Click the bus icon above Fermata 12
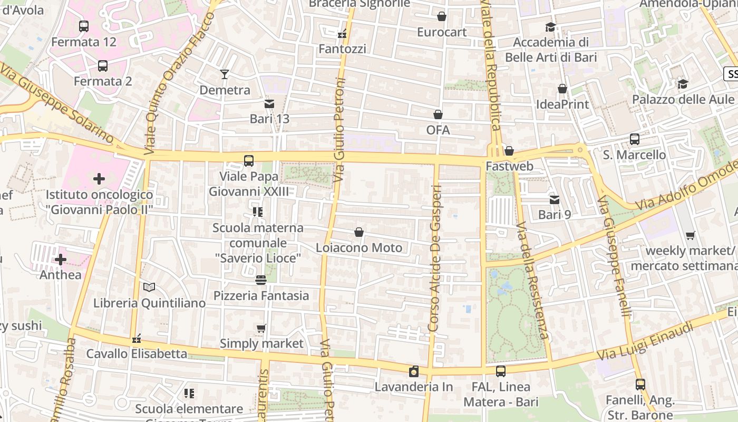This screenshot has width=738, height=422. pyautogui.click(x=83, y=26)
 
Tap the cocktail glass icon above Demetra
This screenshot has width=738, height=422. pyautogui.click(x=225, y=74)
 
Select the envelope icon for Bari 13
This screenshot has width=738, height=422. pyautogui.click(x=269, y=103)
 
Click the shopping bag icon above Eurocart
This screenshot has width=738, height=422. pyautogui.click(x=442, y=16)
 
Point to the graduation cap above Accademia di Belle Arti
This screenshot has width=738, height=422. pyautogui.click(x=551, y=27)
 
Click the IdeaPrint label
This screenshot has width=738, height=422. pyautogui.click(x=562, y=104)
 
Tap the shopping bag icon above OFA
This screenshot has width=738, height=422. pyautogui.click(x=438, y=114)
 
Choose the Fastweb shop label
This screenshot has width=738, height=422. pyautogui.click(x=509, y=166)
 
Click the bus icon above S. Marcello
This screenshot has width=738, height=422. pyautogui.click(x=635, y=139)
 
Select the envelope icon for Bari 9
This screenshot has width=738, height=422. pyautogui.click(x=555, y=199)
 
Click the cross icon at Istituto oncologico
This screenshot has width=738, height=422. pyautogui.click(x=99, y=179)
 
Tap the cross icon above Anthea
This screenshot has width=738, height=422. pyautogui.click(x=61, y=260)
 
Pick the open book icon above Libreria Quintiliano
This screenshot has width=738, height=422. pyautogui.click(x=149, y=287)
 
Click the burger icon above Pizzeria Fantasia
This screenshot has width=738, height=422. pyautogui.click(x=261, y=280)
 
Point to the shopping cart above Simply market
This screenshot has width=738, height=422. pyautogui.click(x=261, y=329)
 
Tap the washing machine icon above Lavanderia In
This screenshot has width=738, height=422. pyautogui.click(x=414, y=371)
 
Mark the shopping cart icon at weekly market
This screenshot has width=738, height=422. pyautogui.click(x=690, y=235)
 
